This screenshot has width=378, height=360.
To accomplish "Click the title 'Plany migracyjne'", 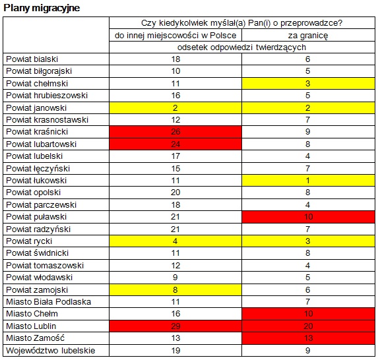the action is pos(42,8).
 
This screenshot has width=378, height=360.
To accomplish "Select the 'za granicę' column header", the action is pos(308,36).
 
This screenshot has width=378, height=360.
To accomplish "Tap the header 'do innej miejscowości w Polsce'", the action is pos(175,36).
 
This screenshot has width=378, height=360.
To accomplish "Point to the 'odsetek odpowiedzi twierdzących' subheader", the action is pos(242,47).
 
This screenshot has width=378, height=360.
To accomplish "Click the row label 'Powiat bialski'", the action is pos(32,59).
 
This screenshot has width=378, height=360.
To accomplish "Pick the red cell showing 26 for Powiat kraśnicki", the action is pos(175,132).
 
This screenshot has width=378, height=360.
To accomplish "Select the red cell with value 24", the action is pos(175,144).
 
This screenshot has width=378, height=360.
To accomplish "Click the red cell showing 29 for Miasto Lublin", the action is pos(175,326).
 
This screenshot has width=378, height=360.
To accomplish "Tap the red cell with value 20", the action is pos(308,326).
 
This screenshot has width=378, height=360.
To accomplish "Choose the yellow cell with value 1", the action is pos(308,181).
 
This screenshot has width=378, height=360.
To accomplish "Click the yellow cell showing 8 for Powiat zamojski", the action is pos(175,289).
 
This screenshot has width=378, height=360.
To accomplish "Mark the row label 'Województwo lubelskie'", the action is pos(51,351).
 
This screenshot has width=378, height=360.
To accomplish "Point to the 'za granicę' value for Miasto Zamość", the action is pos(308,338).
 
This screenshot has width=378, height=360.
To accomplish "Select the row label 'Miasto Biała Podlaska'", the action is pos(48,302).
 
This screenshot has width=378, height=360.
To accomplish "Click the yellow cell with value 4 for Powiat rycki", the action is pos(175,241).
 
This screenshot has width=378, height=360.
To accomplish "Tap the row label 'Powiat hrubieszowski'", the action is pos(47,96).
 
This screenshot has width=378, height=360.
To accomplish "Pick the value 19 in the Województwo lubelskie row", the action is pos(175,351).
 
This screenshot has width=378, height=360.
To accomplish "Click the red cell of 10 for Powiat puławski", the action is pos(308,217).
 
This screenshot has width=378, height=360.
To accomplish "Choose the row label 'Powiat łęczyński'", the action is pos(38,168).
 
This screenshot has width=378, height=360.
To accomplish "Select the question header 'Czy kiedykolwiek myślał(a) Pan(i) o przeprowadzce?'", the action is pos(242,23).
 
